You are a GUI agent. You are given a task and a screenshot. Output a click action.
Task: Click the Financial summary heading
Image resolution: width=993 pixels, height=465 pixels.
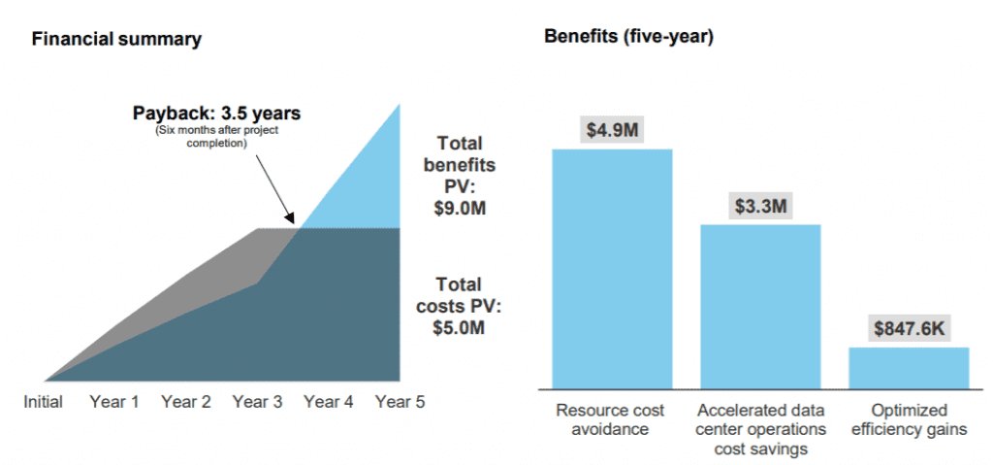pos(116,40)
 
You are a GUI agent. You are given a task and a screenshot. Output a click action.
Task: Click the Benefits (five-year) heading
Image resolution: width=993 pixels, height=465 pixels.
pos(629,37)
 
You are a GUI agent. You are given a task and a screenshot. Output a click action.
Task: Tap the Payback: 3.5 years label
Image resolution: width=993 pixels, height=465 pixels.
pos(216,114)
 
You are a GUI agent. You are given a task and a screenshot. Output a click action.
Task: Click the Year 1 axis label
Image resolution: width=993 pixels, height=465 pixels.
pos(113,401)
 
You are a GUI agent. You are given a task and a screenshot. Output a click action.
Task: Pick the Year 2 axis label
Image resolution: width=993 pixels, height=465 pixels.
pos(186,401)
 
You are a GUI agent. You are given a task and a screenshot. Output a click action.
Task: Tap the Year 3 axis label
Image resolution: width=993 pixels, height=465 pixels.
pos(257,401)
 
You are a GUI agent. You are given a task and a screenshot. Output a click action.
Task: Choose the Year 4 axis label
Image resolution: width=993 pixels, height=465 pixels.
pos(329,401)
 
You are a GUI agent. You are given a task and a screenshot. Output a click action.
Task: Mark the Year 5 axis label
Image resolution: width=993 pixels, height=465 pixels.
pos(400,401)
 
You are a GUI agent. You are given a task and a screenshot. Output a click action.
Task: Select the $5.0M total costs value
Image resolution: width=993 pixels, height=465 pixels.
pos(459,327)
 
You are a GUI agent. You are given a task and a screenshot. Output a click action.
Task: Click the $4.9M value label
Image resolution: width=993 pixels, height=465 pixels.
pos(612,130)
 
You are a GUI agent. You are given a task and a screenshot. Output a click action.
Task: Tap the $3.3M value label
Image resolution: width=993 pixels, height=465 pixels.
pos(760,206)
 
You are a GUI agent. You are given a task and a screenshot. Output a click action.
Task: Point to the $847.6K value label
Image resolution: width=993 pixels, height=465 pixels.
pos(909,329)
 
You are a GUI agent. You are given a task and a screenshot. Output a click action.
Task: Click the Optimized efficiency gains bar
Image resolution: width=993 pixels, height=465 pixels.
pos(909,368)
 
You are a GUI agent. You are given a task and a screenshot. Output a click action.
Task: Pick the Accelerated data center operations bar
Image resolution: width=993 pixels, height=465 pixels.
pos(760,307)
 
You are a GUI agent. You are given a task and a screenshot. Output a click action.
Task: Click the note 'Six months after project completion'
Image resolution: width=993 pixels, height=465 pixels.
pos(216,137)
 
